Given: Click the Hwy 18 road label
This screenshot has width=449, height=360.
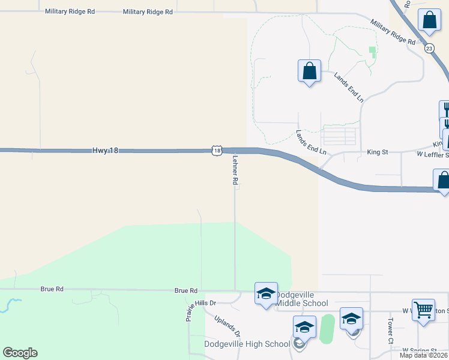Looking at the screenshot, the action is click(105, 151).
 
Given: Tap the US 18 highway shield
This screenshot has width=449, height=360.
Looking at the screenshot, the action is click(217, 150).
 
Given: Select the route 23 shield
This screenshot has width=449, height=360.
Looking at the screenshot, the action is click(429, 49).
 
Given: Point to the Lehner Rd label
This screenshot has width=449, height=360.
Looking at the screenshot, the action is click(235, 171).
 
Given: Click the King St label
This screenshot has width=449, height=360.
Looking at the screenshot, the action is click(378, 153).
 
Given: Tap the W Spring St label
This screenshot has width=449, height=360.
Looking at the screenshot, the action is click(420, 350).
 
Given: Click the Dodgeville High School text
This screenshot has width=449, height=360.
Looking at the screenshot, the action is click(247, 344).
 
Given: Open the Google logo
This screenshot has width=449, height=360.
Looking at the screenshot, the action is click(20, 353).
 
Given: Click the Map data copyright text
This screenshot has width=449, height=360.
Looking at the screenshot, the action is click(423, 355).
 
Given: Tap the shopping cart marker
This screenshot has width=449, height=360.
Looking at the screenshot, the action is click(424, 311).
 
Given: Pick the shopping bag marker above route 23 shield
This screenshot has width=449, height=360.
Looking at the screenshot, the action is click(430, 21).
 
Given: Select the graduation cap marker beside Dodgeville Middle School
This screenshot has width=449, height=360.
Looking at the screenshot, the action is click(266, 294).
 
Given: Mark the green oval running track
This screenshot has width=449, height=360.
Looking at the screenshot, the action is click(327, 329).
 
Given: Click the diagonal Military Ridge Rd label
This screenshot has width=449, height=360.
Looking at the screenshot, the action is click(393, 32).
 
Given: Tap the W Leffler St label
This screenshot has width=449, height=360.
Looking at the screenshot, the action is click(432, 154).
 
